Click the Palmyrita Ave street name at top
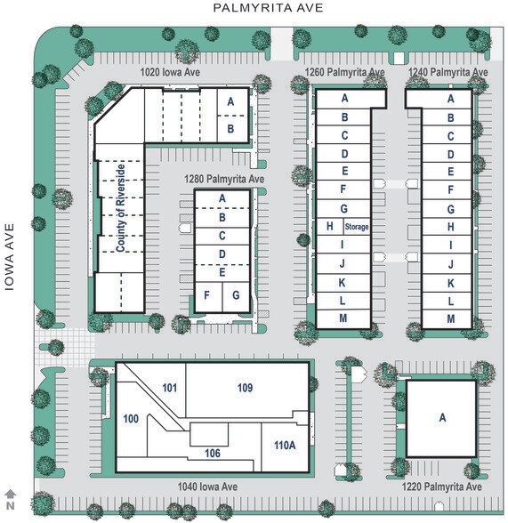point(268,8)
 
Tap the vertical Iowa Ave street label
point(10,257)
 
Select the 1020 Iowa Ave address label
point(170,72)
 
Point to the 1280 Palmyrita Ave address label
point(224,179)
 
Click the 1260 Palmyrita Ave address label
point(344,72)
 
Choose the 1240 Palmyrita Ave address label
point(448,72)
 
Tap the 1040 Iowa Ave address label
point(207,487)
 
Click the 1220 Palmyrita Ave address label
point(441,487)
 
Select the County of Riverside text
point(120,208)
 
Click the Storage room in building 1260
point(357,227)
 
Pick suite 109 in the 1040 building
point(245,388)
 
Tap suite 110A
point(285,445)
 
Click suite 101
point(169,388)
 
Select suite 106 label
point(213,453)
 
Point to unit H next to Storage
point(329,226)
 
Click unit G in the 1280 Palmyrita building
point(236,295)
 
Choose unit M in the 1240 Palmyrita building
point(451,318)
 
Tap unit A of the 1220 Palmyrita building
point(442,417)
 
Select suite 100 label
point(131,419)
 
